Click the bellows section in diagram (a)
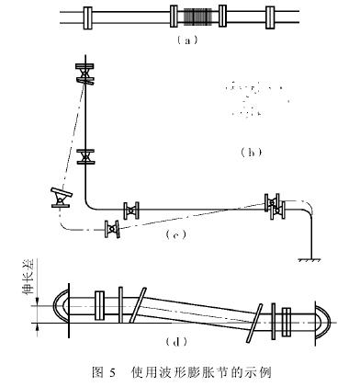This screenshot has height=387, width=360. tap(197, 17)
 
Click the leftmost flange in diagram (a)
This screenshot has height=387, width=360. tap(87, 17)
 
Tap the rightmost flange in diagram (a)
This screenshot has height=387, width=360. tap(270, 17)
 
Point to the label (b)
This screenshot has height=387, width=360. tap(247, 153)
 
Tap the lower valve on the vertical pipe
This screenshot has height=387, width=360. tap(85, 154)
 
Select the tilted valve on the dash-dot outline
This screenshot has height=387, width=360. tap(61, 197)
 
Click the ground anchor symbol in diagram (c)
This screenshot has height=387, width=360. tap(309, 261)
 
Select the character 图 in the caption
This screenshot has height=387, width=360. tap(99, 373)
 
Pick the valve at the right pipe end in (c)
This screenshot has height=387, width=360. tap(272, 203)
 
